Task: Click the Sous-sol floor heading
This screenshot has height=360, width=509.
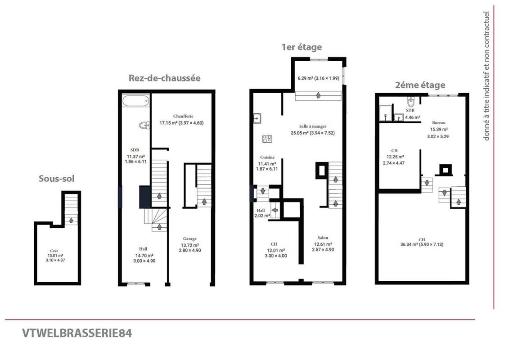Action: [57, 179]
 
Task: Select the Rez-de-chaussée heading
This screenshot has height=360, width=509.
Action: [165, 78]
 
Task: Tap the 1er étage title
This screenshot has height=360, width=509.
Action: [302, 47]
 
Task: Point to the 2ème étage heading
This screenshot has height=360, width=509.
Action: [420, 85]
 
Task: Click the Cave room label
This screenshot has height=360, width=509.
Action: [54, 251]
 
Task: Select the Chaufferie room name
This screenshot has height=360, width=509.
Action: [183, 116]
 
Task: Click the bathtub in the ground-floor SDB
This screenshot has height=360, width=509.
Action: [136, 100]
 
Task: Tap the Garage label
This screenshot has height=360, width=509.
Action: [189, 239]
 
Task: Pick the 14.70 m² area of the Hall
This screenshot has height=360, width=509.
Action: [144, 256]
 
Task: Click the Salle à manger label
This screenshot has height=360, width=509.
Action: [313, 126]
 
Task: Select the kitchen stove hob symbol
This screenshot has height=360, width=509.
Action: [267, 139]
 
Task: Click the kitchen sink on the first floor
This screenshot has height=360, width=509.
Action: [257, 118]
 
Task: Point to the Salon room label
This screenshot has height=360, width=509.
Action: [323, 238]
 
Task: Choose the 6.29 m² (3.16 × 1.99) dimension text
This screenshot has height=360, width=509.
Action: [319, 78]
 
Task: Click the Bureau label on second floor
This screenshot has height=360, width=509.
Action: [438, 123]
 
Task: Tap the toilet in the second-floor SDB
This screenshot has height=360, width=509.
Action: [411, 102]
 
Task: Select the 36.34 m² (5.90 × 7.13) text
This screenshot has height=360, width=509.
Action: [422, 244]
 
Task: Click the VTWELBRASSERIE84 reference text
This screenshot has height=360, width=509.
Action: [77, 333]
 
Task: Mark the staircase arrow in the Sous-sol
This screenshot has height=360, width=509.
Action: [71, 220]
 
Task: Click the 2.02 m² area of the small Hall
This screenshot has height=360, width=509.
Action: [262, 216]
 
